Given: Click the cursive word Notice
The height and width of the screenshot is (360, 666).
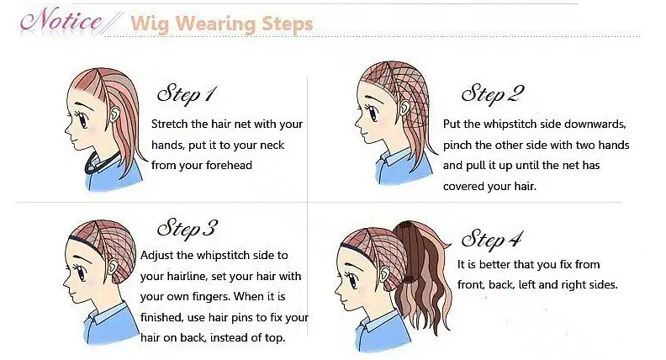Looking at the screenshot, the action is click(x=61, y=20).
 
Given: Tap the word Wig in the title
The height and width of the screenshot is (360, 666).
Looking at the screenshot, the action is click(x=150, y=24).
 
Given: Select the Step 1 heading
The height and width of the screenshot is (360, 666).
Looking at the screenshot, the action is click(x=187, y=94).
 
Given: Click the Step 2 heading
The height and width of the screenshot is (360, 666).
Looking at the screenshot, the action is click(x=493, y=94).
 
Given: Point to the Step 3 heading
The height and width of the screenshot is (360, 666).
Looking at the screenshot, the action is click(x=187, y=229).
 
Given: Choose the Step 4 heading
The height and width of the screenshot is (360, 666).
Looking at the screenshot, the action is click(x=492, y=239).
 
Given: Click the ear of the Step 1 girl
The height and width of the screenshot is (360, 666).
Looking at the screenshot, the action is click(x=114, y=114).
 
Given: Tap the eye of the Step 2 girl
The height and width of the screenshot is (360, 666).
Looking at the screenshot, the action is click(x=373, y=112).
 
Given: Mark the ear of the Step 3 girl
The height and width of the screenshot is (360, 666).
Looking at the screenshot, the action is click(x=114, y=267).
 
